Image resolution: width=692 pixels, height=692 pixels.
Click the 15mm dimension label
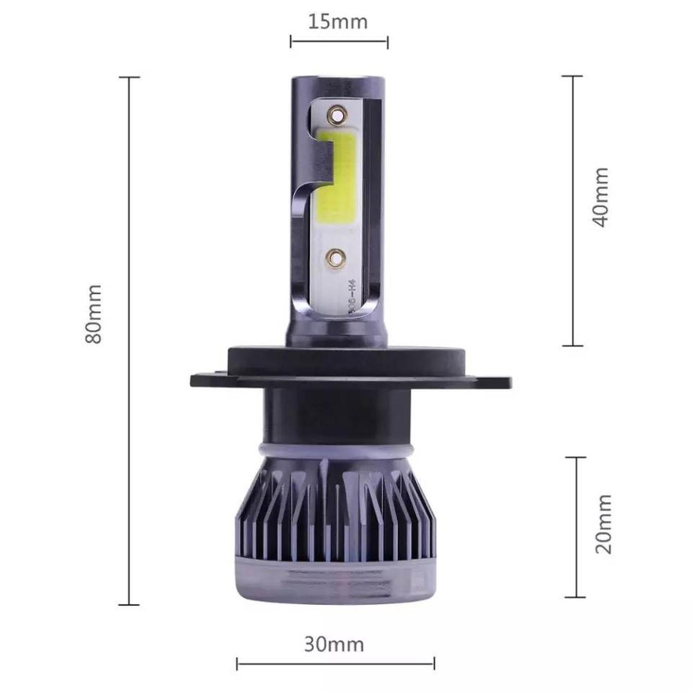point(338,22)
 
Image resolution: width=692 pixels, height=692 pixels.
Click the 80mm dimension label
point(94,314)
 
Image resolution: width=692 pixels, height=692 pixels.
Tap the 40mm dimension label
point(600,197)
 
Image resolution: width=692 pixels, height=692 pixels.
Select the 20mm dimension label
point(603,524)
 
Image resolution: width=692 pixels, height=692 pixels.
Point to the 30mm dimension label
point(334,644)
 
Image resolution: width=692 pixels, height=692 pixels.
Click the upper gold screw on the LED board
point(336,114)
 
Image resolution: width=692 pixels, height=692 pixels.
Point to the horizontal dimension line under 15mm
point(339,42)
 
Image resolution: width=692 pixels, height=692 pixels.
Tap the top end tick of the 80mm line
point(129,78)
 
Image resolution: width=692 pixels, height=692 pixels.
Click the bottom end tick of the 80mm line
point(129,604)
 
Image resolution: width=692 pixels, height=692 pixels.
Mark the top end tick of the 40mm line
point(573,76)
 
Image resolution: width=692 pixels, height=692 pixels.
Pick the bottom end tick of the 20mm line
point(575,597)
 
